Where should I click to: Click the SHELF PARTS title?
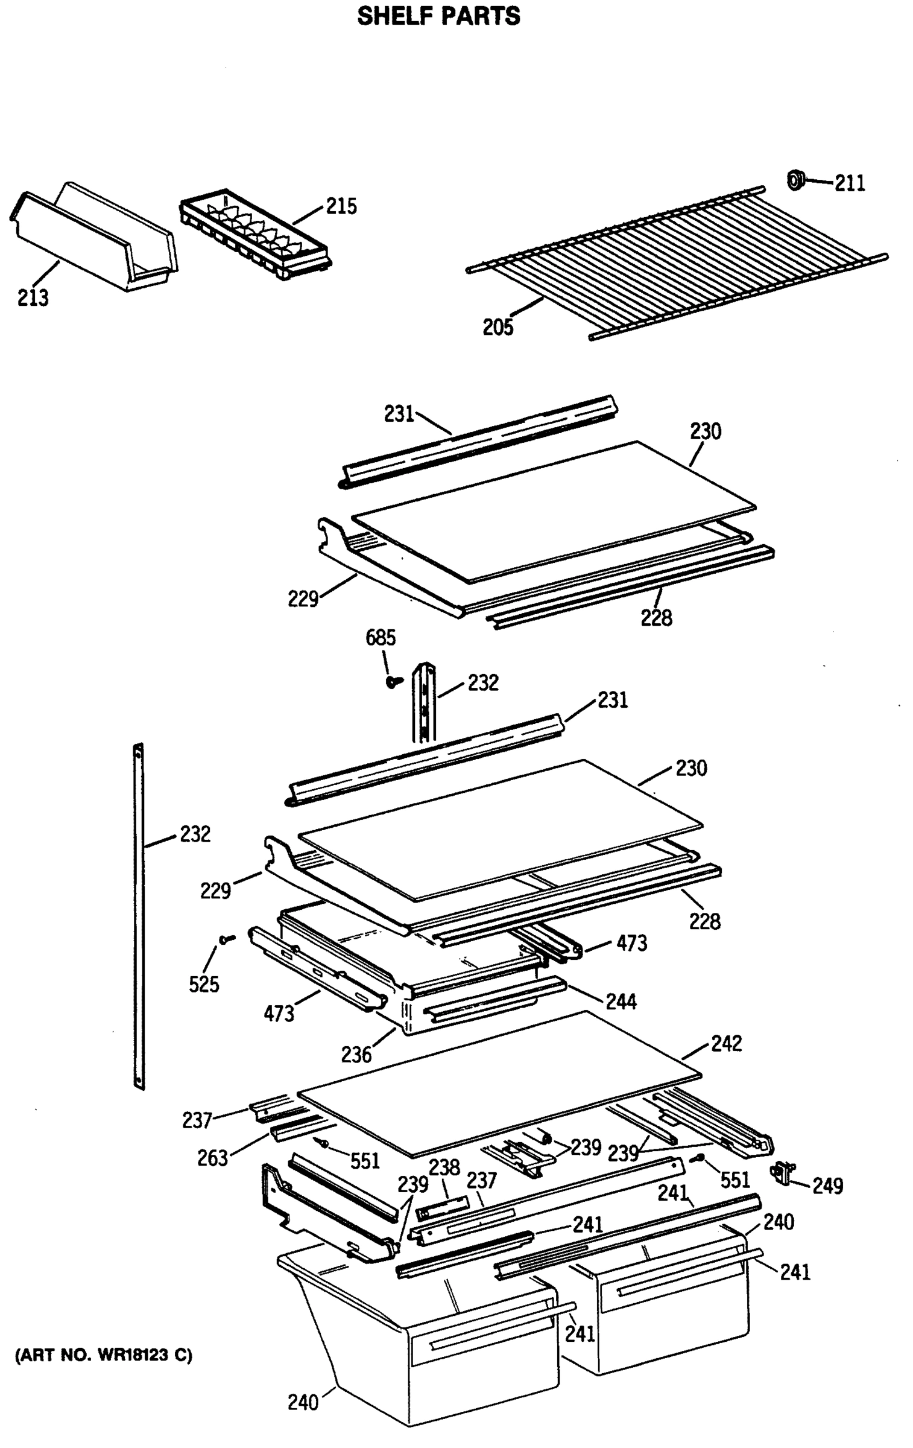(438, 16)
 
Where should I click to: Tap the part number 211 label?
(849, 183)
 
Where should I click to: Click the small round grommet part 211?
(796, 179)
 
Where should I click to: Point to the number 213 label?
(33, 297)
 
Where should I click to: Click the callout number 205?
(498, 327)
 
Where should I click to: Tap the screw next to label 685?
(394, 681)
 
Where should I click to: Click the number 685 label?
(381, 638)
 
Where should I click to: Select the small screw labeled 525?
(227, 939)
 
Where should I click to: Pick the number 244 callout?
(621, 1002)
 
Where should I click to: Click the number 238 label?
(444, 1167)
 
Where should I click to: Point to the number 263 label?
(212, 1158)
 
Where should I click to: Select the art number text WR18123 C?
(103, 1355)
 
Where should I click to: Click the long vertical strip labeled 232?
(139, 917)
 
